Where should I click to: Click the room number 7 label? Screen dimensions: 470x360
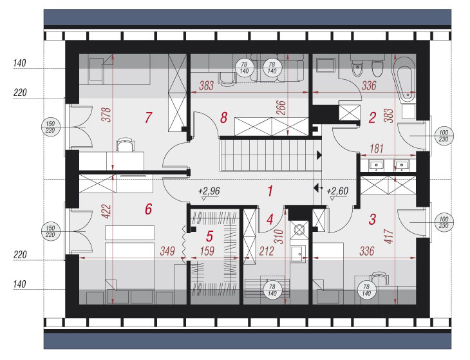pyautogui.click(x=148, y=117)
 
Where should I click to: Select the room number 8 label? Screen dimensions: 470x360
pyautogui.click(x=223, y=118)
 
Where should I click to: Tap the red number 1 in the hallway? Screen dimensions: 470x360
pyautogui.click(x=270, y=191)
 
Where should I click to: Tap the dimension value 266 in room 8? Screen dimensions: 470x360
pyautogui.click(x=281, y=108)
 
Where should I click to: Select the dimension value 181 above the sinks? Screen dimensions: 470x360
pyautogui.click(x=377, y=148)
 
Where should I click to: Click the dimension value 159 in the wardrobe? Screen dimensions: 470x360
pyautogui.click(x=207, y=251)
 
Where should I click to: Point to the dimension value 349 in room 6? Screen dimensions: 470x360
pyautogui.click(x=167, y=251)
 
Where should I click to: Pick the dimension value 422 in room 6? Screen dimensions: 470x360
pyautogui.click(x=106, y=211)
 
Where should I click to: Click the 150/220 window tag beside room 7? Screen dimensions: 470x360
pyautogui.click(x=50, y=127)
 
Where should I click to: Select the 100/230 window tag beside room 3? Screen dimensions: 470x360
pyautogui.click(x=444, y=222)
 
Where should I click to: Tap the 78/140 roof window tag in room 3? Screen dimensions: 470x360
pyautogui.click(x=366, y=290)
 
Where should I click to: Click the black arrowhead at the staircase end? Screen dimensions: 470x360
pyautogui.click(x=319, y=155)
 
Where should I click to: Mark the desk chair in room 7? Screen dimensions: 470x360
pyautogui.click(x=126, y=144)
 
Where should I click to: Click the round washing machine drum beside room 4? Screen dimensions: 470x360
pyautogui.click(x=299, y=230)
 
